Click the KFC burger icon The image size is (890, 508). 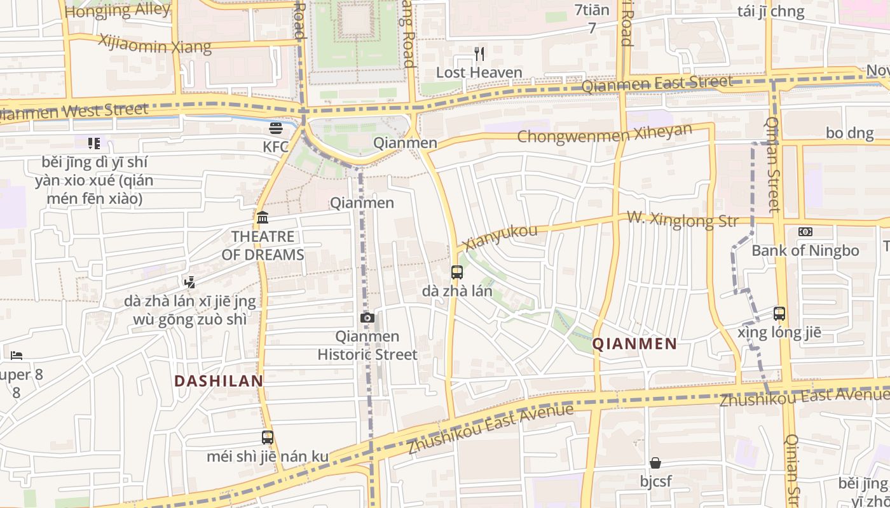pos(275,128)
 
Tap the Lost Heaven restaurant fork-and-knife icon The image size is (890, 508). pos(479,54)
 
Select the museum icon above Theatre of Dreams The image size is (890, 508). pos(263,218)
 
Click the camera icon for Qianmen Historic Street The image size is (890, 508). pos(367,317)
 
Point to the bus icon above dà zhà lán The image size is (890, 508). pos(456,272)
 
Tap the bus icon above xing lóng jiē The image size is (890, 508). pos(779,313)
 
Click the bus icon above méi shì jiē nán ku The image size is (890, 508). pos(268,437)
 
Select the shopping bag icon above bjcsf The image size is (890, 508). pos(655,463)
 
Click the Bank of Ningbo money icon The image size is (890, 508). pos(805,232)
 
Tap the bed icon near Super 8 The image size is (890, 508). pos(17,355)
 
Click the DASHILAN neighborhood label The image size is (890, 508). pos(219,381)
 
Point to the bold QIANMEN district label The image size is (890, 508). pos(634,344)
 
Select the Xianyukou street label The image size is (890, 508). pos(500,237)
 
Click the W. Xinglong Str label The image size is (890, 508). pos(683,219)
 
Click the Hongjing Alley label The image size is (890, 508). pos(118,10)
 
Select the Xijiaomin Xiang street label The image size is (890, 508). pos(154,44)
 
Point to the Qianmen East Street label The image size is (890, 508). pos(657,83)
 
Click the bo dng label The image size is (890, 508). pos(850,133)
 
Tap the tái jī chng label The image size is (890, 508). pos(771,11)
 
